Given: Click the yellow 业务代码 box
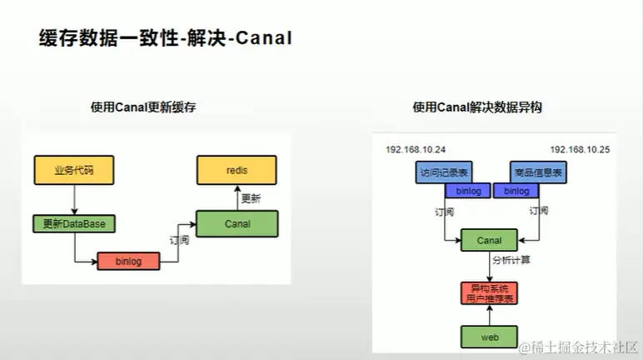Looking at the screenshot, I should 73,170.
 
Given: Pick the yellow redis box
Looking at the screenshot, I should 237,170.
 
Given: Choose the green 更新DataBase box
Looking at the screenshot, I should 73,223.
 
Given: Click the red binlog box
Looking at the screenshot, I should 127,261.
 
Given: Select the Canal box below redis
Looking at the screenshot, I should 237,223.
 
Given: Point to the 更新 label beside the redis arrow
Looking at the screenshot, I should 251,198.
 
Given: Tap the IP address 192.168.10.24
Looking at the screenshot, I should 416,149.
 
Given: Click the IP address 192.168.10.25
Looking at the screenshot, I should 580,149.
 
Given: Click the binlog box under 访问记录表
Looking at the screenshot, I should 468,191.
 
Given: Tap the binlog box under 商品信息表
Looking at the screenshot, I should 516,191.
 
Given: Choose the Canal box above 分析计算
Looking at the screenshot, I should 489,240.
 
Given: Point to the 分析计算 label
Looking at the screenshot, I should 511,261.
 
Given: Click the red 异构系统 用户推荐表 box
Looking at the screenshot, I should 489,292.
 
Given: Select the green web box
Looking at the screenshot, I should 489,336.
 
